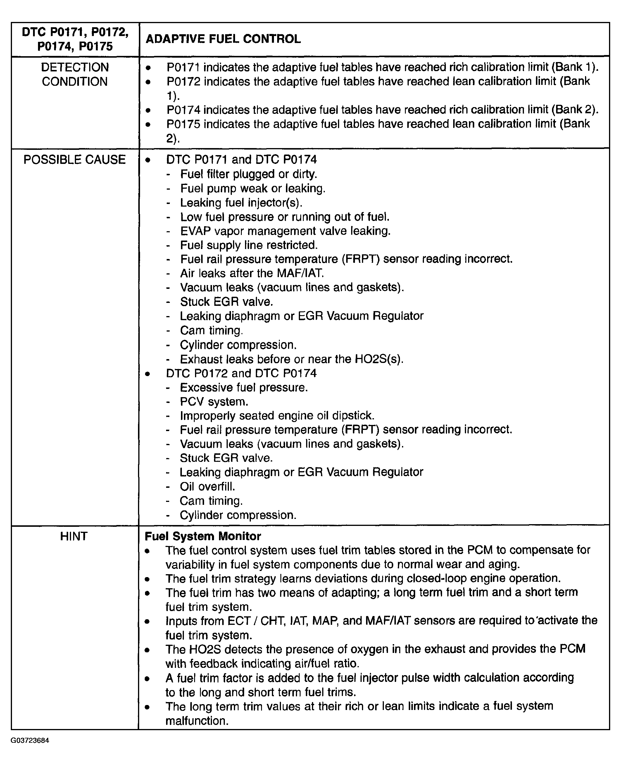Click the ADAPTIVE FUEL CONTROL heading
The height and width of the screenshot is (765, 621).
pyautogui.click(x=223, y=39)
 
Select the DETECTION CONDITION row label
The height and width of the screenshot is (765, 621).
pyautogui.click(x=75, y=74)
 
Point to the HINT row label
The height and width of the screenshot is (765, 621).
pyautogui.click(x=74, y=536)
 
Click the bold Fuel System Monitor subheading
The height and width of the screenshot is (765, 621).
pyautogui.click(x=203, y=536)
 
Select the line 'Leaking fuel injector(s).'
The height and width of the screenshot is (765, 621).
pyautogui.click(x=241, y=203)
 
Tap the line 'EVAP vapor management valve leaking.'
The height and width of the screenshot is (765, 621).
pyautogui.click(x=285, y=231)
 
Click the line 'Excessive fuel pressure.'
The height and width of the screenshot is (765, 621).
pyautogui.click(x=244, y=388)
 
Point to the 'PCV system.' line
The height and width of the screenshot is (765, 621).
pyautogui.click(x=214, y=402)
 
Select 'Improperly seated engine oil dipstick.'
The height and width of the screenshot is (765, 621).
pyautogui.click(x=277, y=416)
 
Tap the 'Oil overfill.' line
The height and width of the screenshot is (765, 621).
pyautogui.click(x=208, y=486)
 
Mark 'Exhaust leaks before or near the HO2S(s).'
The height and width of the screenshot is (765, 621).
pyautogui.click(x=291, y=359)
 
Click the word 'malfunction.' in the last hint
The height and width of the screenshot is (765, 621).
pyautogui.click(x=197, y=721)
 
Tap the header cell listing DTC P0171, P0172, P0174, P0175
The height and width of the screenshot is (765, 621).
pyautogui.click(x=75, y=39)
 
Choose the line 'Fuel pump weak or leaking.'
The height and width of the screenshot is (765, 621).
pyautogui.click(x=253, y=188)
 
